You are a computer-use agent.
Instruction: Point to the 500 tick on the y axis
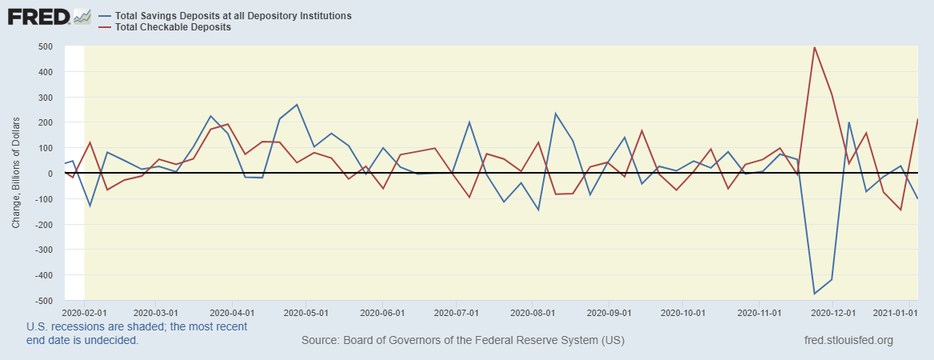pyautogui.click(x=45, y=46)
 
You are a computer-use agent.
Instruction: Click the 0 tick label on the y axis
pyautogui.click(x=50, y=174)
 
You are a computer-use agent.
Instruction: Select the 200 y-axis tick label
pyautogui.click(x=45, y=122)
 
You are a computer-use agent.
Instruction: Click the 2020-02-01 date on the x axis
pyautogui.click(x=82, y=310)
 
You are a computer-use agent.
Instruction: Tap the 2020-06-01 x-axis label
pyautogui.click(x=383, y=310)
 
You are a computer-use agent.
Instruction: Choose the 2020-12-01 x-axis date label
pyautogui.click(x=832, y=310)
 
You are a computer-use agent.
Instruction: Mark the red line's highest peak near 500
pyautogui.click(x=814, y=47)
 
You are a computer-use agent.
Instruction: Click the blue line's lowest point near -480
pyautogui.click(x=814, y=294)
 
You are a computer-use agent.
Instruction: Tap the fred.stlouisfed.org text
pyautogui.click(x=848, y=341)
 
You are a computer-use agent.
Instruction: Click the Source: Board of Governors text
pyautogui.click(x=463, y=341)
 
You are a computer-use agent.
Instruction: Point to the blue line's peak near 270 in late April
pyautogui.click(x=297, y=105)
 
